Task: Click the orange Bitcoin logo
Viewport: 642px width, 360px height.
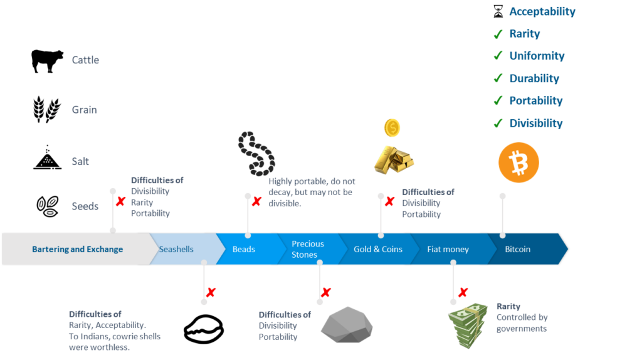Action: point(518,162)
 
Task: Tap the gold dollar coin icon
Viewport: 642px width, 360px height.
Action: point(392,128)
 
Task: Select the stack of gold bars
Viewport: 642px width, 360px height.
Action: point(394,159)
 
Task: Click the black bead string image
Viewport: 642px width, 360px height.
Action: point(256,152)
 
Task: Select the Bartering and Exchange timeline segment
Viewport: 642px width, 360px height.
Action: point(78,249)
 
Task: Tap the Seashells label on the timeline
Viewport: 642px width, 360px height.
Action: point(176,249)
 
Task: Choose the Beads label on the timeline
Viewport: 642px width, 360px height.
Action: point(244,249)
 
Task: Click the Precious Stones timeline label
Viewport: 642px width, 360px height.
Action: point(308,249)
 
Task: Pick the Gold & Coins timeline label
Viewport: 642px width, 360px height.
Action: point(378,249)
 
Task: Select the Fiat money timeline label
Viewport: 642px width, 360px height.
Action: point(448,249)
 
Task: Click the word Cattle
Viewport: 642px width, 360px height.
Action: point(86,60)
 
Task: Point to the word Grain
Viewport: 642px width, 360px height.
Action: point(84,110)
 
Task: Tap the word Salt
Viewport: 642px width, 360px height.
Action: point(80,161)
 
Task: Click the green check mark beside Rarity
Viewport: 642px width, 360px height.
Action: point(498,34)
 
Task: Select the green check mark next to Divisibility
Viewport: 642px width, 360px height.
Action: point(498,124)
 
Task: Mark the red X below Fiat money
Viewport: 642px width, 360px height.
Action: point(463,292)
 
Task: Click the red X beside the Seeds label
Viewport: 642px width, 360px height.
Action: point(120,202)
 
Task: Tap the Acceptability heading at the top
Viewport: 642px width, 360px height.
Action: point(542,11)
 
